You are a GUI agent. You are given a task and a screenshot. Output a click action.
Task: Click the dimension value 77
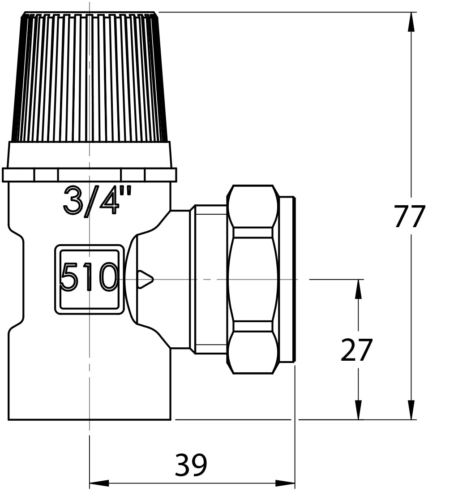[x=409, y=217]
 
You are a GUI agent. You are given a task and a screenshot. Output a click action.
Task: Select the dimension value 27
[x=356, y=350]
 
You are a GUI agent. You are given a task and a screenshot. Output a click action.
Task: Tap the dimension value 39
[x=191, y=465]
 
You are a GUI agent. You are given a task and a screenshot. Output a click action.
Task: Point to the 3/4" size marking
[x=98, y=200]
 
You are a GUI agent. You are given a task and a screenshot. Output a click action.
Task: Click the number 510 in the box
[x=89, y=277]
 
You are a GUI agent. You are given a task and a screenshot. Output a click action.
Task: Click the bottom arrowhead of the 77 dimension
[x=411, y=410]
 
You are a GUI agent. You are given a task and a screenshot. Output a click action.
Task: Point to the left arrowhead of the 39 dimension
[x=99, y=483]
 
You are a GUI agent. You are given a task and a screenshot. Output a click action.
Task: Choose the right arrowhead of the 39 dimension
[x=285, y=483]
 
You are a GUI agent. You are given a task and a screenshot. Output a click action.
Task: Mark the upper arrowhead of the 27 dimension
[x=358, y=289]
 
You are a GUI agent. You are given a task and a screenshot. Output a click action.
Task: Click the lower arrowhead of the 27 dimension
[x=358, y=410]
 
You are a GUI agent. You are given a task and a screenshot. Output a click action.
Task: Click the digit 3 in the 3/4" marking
[x=73, y=200]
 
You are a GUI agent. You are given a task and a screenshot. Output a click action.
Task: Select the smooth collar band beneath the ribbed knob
[x=90, y=155]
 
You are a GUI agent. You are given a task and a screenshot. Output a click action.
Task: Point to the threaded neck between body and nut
[x=209, y=279]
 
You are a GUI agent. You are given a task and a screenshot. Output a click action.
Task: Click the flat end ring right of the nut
[x=287, y=279]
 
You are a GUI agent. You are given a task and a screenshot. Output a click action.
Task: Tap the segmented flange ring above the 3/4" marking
[x=90, y=175]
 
